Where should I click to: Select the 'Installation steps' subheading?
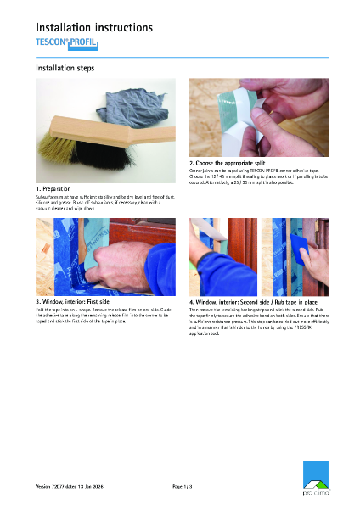point(65,67)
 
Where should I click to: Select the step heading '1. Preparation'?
point(53,187)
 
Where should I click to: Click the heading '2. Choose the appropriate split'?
point(233,162)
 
